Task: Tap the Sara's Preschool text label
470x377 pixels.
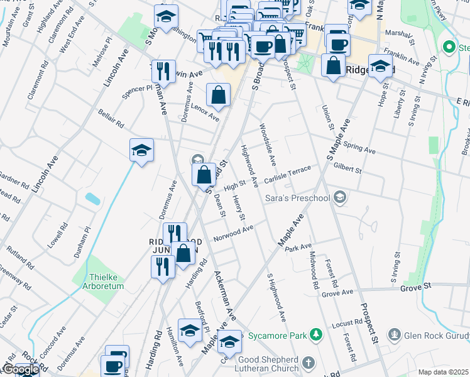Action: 295,199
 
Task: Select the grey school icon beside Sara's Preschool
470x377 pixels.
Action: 341,198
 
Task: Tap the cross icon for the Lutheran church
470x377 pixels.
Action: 308,363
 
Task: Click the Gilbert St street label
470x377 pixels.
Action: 348,168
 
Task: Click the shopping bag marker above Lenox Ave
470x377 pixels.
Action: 218,96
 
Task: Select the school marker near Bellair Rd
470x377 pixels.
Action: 142,150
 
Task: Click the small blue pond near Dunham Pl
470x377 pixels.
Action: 92,199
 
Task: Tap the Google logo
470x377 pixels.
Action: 20,369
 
